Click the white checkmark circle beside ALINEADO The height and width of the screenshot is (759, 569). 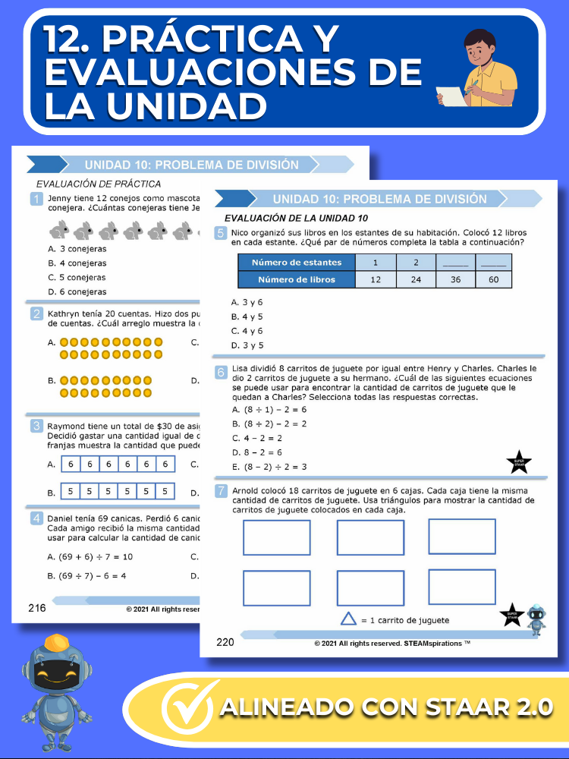188,709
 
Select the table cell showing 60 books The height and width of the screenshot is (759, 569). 493,279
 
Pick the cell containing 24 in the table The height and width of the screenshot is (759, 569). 415,279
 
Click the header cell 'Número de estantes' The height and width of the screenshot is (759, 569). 297,263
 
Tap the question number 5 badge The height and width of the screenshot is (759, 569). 221,234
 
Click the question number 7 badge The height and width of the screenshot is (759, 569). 221,491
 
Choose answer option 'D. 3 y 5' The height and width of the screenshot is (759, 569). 247,345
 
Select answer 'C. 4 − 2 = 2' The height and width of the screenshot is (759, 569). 257,438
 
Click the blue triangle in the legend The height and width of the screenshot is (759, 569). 348,619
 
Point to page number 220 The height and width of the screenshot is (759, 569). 225,642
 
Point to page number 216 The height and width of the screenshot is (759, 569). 37,607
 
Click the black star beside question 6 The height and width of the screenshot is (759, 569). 519,461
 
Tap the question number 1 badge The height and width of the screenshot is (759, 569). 36,199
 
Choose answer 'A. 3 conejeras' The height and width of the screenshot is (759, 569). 77,248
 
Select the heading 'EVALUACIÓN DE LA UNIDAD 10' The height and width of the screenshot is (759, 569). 281,219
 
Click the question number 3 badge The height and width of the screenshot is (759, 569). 36,427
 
